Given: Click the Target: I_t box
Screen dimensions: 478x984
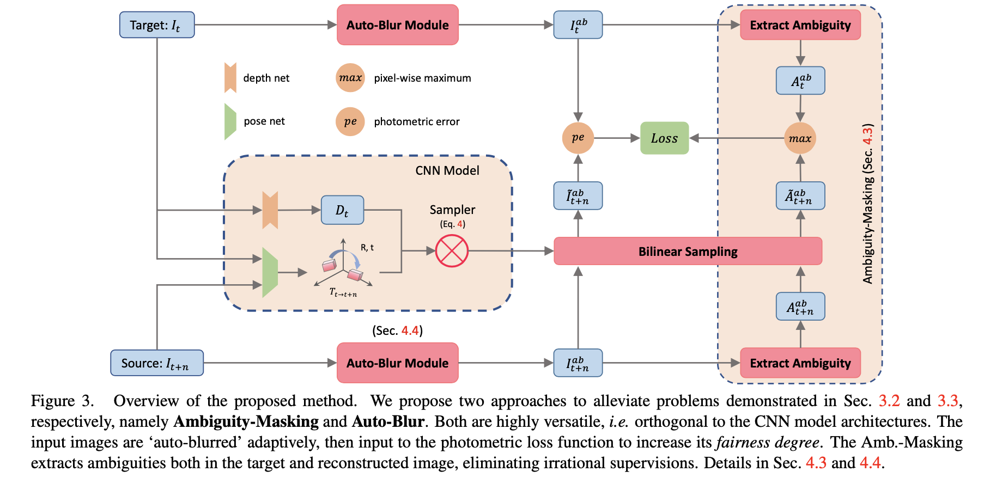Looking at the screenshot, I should pyautogui.click(x=157, y=25).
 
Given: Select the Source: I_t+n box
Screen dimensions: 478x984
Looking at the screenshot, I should pyautogui.click(x=157, y=363).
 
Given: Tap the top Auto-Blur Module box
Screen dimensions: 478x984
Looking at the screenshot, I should pyautogui.click(x=398, y=25).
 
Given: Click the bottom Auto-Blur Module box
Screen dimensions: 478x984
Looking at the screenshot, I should pyautogui.click(x=398, y=363).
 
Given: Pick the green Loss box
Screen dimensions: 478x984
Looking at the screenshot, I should pyautogui.click(x=664, y=138).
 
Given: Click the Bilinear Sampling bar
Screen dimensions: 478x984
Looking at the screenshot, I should pyautogui.click(x=688, y=252).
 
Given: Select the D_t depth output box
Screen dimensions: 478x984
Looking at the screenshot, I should pyautogui.click(x=342, y=210).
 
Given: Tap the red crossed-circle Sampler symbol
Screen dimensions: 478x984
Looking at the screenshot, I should pyautogui.click(x=452, y=251).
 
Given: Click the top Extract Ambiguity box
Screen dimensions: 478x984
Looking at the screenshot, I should pyautogui.click(x=800, y=25).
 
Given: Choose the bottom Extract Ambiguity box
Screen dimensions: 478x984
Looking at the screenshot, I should pyautogui.click(x=800, y=363).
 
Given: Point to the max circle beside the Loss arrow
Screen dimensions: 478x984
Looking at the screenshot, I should pyautogui.click(x=800, y=138).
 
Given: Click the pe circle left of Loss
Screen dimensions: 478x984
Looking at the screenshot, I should pyautogui.click(x=578, y=138).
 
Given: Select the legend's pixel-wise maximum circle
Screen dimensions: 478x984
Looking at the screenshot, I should pyautogui.click(x=350, y=78).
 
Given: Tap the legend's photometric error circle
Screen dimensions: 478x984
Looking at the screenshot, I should pyautogui.click(x=350, y=121).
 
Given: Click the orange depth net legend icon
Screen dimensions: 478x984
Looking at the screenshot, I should pyautogui.click(x=230, y=78).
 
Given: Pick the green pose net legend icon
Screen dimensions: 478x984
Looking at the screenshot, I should pyautogui.click(x=230, y=121).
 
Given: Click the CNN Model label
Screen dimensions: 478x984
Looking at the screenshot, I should pyautogui.click(x=447, y=170).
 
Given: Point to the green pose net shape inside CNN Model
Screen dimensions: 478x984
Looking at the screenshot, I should pyautogui.click(x=270, y=273).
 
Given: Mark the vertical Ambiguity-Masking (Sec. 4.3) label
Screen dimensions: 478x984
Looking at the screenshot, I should pyautogui.click(x=867, y=204).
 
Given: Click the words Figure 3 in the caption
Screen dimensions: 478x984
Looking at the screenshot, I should pyautogui.click(x=62, y=401).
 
